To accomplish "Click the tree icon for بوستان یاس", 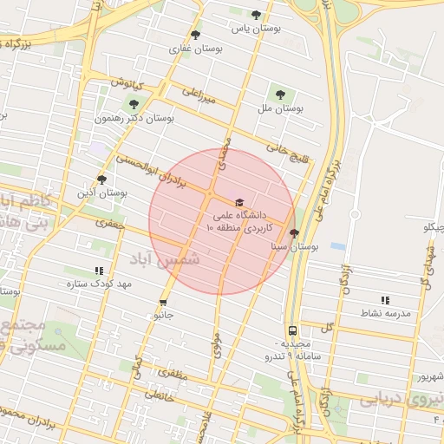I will click(256, 15).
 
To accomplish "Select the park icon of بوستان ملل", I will click(279, 94).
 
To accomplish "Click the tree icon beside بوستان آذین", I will click(102, 180).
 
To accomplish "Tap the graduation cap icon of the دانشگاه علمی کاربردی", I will click(239, 202).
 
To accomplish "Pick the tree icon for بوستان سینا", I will click(294, 233).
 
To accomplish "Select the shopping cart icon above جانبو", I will click(163, 303).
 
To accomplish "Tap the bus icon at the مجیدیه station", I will click(292, 330).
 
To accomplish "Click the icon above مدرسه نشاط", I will click(384, 299).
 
